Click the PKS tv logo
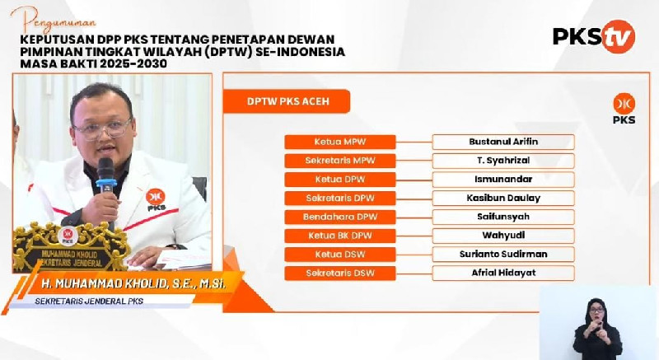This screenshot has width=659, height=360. [594, 36]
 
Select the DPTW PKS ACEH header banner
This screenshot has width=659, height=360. [286, 101]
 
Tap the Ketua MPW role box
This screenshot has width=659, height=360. [340, 142]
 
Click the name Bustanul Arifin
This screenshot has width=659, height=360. [503, 142]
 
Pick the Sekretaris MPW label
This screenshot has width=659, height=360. [340, 161]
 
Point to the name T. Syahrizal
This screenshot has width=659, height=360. [503, 161]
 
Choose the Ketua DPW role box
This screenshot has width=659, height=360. [340, 180]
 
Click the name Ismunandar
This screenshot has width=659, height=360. [503, 180]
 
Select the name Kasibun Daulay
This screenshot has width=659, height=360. [503, 198]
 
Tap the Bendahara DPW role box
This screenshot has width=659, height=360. [340, 217]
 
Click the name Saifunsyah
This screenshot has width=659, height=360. [503, 217]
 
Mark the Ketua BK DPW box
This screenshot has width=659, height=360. [340, 236]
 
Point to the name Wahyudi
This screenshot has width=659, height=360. [503, 236]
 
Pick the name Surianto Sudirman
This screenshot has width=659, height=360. [503, 255]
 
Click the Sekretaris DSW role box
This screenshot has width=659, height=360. [340, 273]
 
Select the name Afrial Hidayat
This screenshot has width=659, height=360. [503, 273]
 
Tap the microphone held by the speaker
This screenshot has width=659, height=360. [105, 175]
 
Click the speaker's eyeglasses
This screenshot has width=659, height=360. [102, 129]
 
